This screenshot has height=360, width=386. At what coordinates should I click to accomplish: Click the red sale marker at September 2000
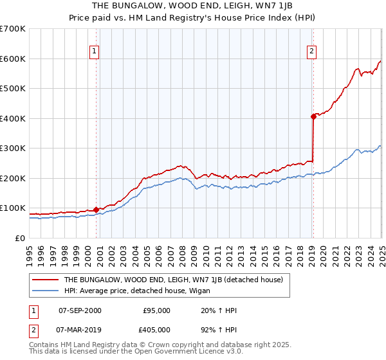(x=96, y=209)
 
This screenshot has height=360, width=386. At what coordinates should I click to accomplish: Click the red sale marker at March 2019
(x=313, y=116)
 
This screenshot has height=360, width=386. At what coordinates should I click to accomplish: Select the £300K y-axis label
(x=13, y=148)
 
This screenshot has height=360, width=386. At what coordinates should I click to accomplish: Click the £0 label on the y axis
(x=20, y=239)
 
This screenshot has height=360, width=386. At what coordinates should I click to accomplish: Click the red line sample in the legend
(x=46, y=280)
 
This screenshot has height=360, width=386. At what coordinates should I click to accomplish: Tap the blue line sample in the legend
(x=46, y=290)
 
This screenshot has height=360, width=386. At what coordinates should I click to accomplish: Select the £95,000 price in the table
(x=156, y=310)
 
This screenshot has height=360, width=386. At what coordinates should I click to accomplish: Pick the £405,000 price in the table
(x=156, y=331)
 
